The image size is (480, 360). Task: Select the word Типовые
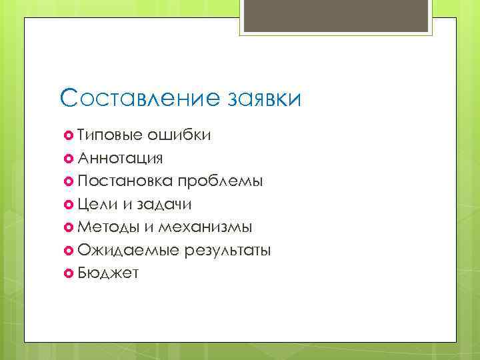110,136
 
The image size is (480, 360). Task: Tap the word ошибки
180,136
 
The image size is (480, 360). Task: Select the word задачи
163,205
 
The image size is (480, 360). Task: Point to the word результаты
228,251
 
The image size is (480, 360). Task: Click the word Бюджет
108,273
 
